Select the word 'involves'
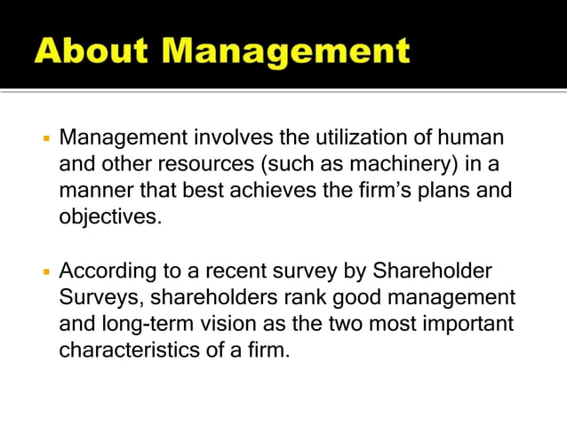228,139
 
